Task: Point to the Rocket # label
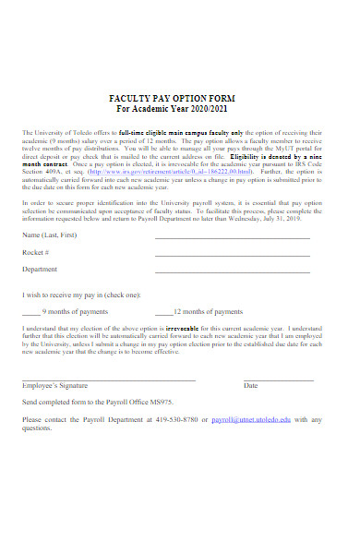36,252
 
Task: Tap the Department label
42,270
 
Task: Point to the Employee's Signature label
54,386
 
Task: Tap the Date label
250,386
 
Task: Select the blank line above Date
278,379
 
